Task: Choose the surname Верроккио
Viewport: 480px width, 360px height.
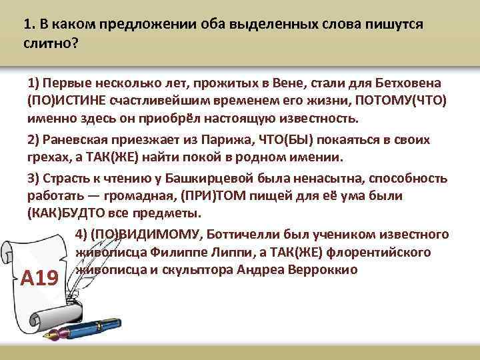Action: (x=323, y=271)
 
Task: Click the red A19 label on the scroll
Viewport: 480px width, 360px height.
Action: (x=41, y=277)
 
